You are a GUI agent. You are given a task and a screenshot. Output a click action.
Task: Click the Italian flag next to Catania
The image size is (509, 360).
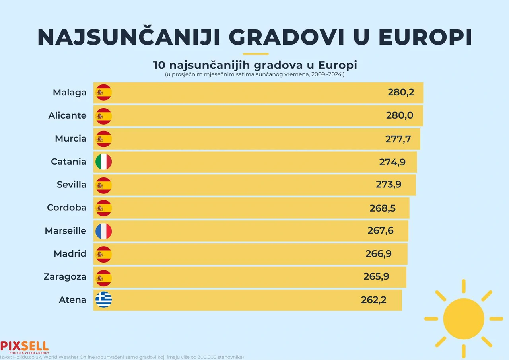104,162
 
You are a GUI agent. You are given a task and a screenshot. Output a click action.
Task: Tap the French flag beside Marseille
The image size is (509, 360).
104,231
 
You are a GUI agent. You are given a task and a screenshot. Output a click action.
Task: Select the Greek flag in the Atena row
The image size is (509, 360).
104,300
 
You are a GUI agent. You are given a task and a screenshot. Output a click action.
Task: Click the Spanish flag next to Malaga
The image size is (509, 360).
104,93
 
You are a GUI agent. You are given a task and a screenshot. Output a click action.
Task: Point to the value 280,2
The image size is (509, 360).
401,92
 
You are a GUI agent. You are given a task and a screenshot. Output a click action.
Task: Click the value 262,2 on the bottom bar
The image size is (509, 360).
373,300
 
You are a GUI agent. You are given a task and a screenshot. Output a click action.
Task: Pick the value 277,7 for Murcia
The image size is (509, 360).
398,139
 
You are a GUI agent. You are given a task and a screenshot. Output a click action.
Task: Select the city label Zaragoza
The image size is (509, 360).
65,277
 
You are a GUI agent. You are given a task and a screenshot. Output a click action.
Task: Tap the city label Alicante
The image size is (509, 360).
67,115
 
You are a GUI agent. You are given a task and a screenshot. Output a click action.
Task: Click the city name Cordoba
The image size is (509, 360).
66,208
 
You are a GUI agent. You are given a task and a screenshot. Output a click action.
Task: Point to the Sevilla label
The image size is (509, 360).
72,185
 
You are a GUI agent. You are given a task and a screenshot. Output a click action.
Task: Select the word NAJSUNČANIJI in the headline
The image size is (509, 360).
129,37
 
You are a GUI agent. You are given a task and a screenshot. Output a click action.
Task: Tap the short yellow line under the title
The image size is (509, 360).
255,54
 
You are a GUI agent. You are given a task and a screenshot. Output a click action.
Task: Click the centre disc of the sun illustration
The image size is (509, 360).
463,319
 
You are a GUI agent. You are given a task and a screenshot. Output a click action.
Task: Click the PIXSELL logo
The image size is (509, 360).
24,346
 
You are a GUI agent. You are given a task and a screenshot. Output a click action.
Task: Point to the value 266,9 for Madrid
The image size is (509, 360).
378,254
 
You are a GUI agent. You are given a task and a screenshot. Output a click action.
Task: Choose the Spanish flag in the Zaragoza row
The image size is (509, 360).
104,277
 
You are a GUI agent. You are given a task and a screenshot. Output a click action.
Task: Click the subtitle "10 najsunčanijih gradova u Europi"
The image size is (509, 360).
255,65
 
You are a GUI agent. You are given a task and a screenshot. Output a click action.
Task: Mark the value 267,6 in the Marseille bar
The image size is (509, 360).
380,231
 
